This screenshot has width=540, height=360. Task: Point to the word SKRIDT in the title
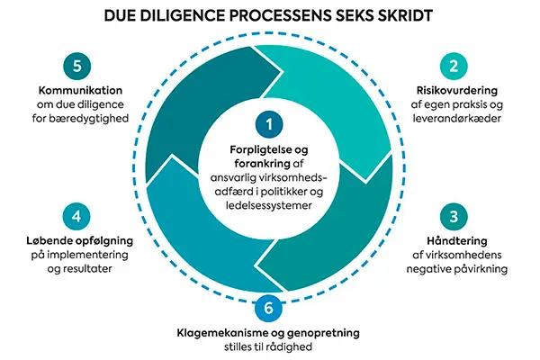pyautogui.click(x=402, y=15)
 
